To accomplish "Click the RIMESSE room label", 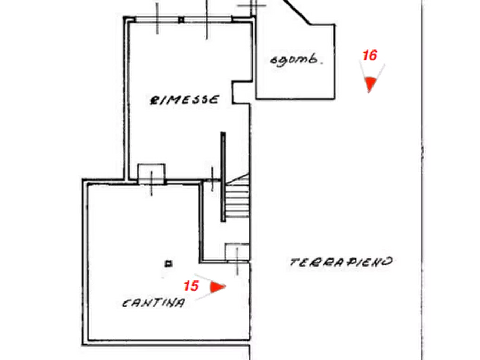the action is point(184,100).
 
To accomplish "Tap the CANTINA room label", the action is point(154,303).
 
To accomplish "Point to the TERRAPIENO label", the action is point(341,262).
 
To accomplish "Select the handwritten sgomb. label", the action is point(296,60).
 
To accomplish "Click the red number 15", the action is point(191,286).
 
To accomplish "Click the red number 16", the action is point(370,55).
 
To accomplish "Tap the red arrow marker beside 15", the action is point(217,287).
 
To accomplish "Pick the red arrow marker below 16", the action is point(370,84).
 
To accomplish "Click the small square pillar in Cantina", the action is point(168,263).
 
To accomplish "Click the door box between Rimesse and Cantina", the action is point(151,174).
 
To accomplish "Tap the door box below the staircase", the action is point(237,253).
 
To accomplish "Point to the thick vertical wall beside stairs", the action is point(223,177).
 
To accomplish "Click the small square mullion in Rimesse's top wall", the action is point(182,20).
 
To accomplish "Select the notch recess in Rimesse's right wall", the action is point(242,92).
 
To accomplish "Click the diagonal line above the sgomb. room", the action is point(296,12).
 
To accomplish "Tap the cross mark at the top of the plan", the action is point(252,5).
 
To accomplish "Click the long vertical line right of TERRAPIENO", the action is point(422,180).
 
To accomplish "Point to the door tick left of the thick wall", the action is point(212,179).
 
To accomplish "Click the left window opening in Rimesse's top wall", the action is point(157,19).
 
